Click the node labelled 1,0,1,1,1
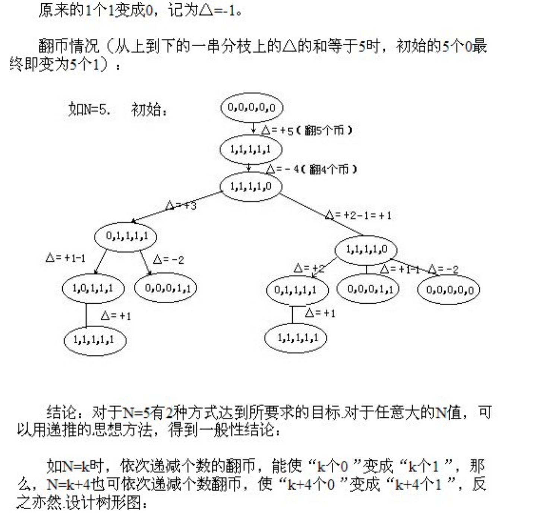click(x=93, y=289)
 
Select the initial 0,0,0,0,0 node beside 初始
click(x=252, y=107)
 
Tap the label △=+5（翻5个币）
click(x=306, y=130)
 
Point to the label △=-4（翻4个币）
click(x=312, y=169)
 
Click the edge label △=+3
click(x=181, y=205)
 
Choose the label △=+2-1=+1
click(x=358, y=215)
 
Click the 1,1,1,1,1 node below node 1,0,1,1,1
click(x=95, y=340)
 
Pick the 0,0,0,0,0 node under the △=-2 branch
click(x=449, y=289)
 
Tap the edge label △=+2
click(x=309, y=268)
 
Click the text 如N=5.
click(x=89, y=109)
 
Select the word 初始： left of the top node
click(x=149, y=109)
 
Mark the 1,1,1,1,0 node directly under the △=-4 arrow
click(x=251, y=187)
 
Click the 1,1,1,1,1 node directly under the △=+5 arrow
click(x=251, y=150)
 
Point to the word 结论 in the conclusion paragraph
click(x=62, y=413)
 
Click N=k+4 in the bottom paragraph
click(x=69, y=485)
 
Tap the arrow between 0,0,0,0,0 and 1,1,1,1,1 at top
click(x=253, y=128)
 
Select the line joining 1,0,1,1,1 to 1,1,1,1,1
click(x=86, y=315)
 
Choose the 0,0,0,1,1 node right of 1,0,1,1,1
click(x=165, y=288)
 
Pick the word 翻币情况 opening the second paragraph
click(x=69, y=46)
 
